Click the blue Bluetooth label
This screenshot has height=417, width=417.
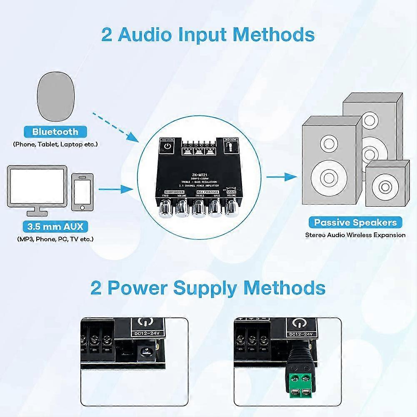pyautogui.click(x=55, y=132)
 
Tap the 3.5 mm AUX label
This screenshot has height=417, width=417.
pyautogui.click(x=55, y=227)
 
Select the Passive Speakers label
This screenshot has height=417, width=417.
pyautogui.click(x=355, y=222)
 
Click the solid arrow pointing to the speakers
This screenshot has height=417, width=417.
pyautogui.click(x=282, y=177)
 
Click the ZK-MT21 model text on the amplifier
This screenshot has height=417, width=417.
pyautogui.click(x=199, y=175)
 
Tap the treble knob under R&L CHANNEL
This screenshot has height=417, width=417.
pyautogui.click(x=198, y=207)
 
